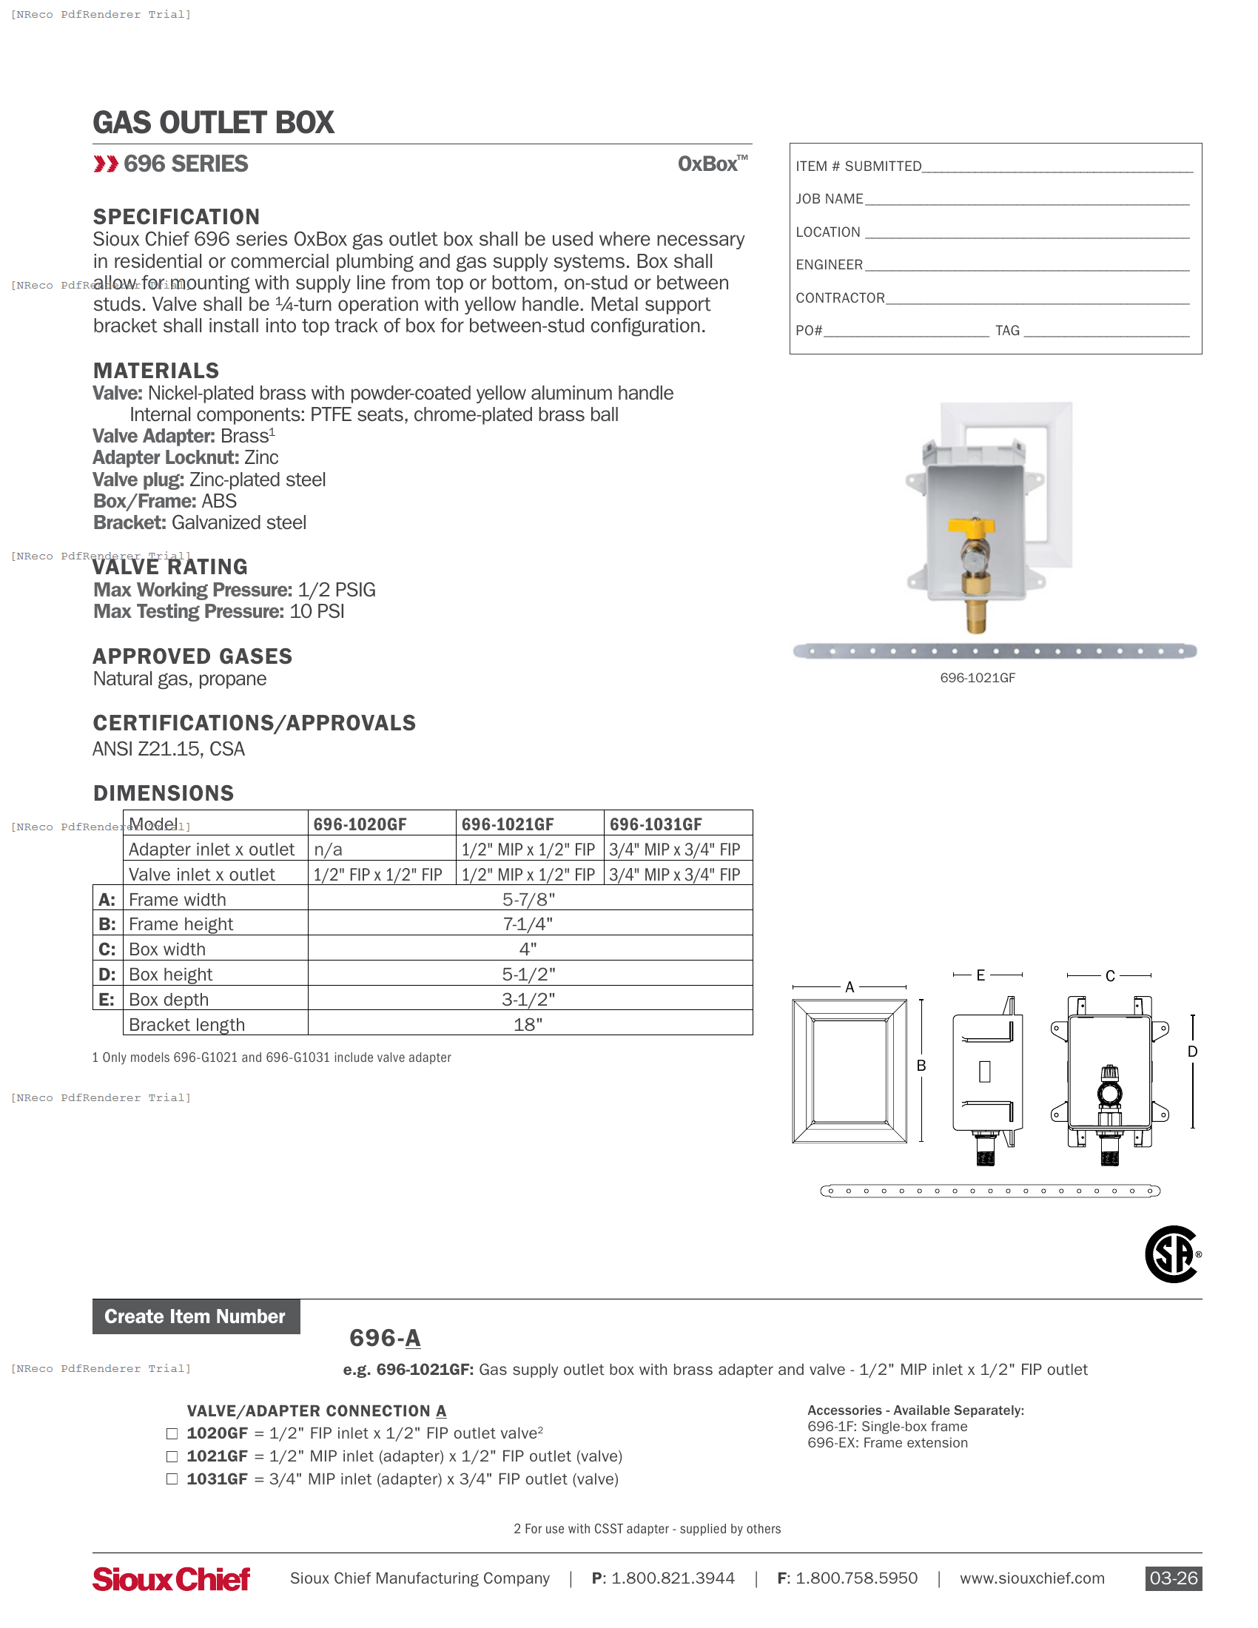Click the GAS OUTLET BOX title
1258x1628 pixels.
click(x=213, y=123)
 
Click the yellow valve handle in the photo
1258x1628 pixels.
click(x=971, y=528)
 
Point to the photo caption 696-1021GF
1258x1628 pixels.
click(x=977, y=678)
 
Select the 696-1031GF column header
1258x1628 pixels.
click(x=656, y=824)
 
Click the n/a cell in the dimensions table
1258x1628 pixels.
click(x=328, y=850)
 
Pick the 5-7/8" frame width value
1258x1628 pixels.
click(x=528, y=900)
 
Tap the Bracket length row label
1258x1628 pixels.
click(x=186, y=1025)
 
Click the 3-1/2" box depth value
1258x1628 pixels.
click(x=528, y=1000)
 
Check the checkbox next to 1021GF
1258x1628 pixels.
click(x=172, y=1456)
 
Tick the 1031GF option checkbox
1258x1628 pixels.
click(x=172, y=1479)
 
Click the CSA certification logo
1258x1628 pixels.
click(x=1172, y=1254)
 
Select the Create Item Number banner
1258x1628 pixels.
click(x=195, y=1316)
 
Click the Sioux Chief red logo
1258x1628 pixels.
click(x=172, y=1579)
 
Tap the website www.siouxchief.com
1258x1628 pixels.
click(x=1032, y=1579)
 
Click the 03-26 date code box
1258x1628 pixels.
click(x=1173, y=1579)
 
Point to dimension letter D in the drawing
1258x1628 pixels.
click(x=1192, y=1052)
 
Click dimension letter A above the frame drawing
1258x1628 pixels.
click(x=850, y=988)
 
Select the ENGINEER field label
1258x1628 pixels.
click(x=829, y=265)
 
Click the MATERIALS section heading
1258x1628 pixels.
click(x=155, y=371)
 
